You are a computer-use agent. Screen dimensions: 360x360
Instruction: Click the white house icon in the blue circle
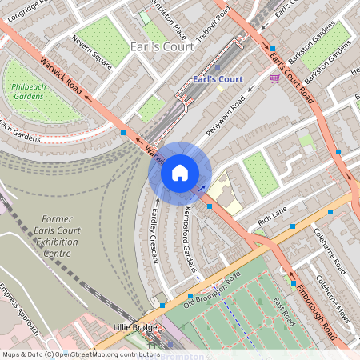[x=180, y=172]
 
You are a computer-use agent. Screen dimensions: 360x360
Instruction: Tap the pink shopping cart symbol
[x=275, y=78]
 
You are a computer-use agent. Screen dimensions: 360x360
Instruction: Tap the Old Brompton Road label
[x=212, y=290]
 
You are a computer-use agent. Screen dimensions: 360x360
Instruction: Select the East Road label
[x=282, y=312]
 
